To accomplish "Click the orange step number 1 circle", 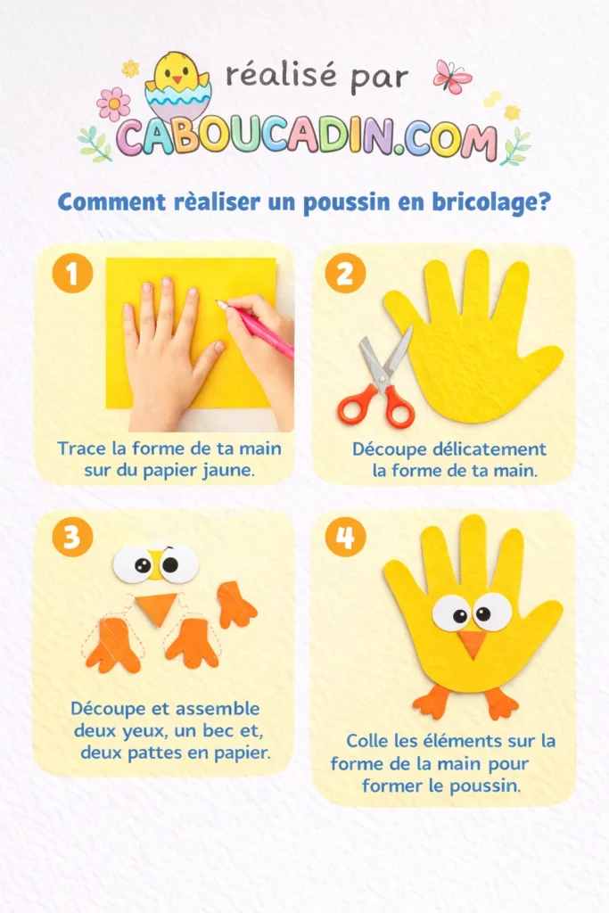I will pos(72,274).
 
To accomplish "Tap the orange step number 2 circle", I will pos(344,274).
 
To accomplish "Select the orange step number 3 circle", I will pos(72,537).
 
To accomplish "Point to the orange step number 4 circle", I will pos(345,537).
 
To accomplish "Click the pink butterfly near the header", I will pos(452,77).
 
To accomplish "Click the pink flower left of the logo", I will pos(113,104).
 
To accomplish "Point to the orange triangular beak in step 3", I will pos(156,609).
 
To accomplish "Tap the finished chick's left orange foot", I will pos(433,702).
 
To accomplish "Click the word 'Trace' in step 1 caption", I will pos(80,448).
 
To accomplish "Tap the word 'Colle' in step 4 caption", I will pos(368,741).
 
